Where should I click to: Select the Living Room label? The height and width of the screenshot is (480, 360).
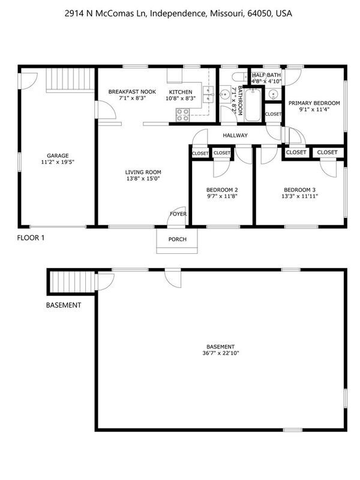pos(142,172)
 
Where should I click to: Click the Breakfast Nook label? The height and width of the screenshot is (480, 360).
pos(132,91)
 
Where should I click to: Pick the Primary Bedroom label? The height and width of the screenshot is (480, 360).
pos(314,103)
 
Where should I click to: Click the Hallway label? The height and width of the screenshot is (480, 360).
pos(235,136)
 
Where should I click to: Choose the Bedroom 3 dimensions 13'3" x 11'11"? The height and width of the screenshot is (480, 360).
pos(299,196)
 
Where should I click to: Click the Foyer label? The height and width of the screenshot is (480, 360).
pos(178,214)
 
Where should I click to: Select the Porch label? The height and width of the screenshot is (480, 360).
pos(178,240)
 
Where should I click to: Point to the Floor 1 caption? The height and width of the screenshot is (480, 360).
pos(31,238)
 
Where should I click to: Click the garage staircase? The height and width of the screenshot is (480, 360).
pos(71,79)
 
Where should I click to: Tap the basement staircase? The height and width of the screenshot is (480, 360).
pos(71,281)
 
